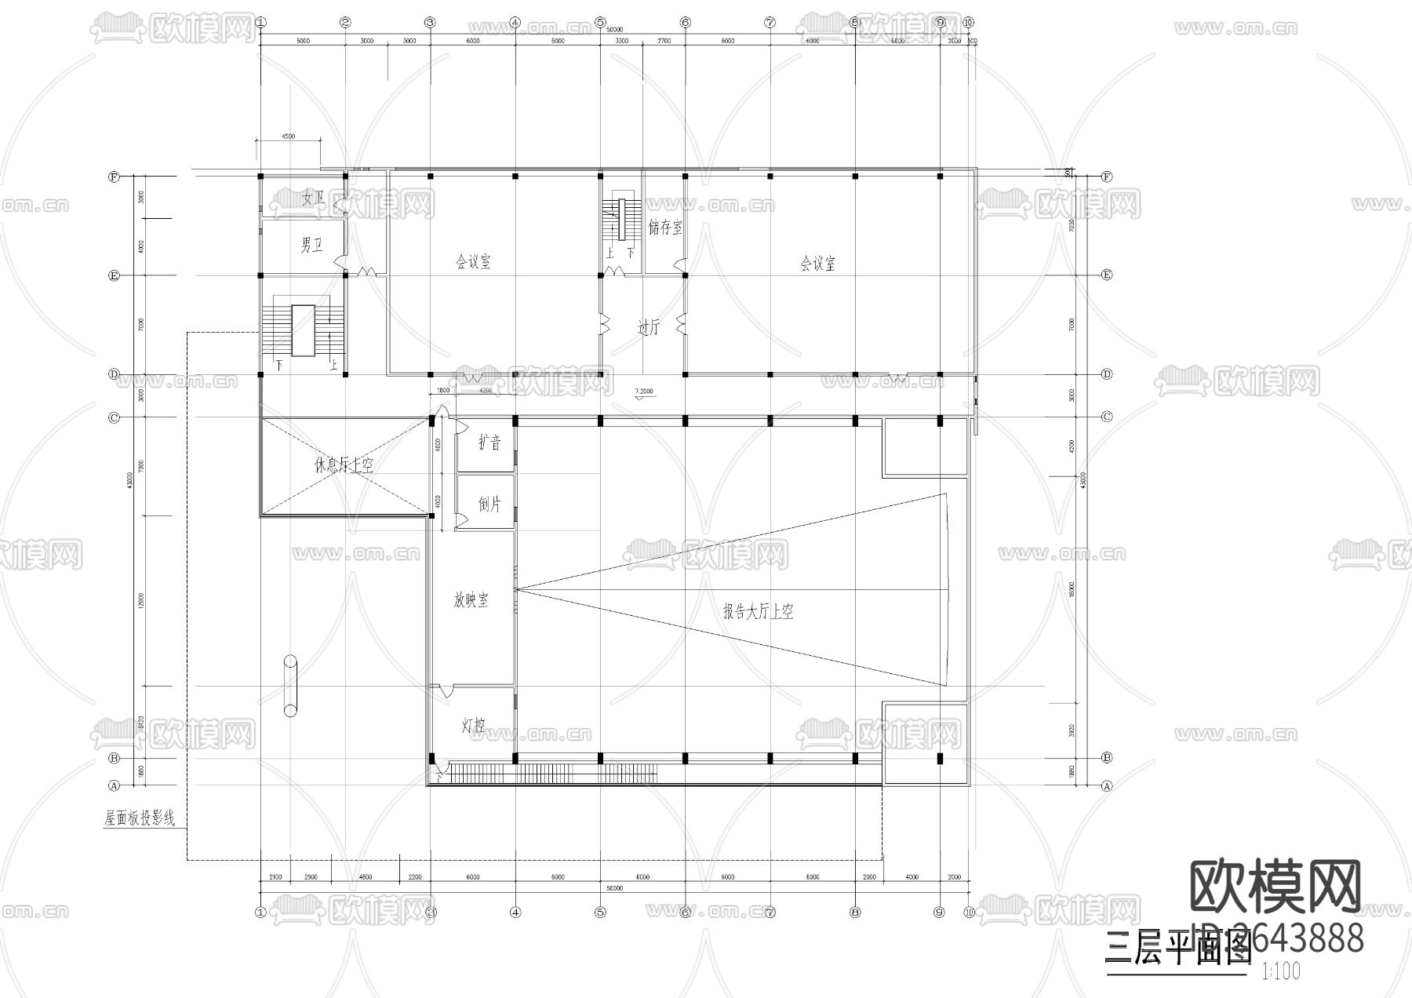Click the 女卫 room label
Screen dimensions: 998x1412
[x=313, y=199]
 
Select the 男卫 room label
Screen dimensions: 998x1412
[x=311, y=246]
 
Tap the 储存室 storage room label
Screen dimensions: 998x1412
[x=665, y=228]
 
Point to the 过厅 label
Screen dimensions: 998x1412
[x=649, y=327]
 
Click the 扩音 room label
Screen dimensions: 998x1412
[x=489, y=443]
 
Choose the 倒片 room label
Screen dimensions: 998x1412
[x=489, y=504]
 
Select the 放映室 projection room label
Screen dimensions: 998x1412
[x=471, y=600]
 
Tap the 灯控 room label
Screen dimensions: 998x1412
[x=473, y=726]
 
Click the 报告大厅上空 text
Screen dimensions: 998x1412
[x=758, y=611]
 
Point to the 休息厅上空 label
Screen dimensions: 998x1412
[x=344, y=464]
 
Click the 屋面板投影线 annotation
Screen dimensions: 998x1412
[x=140, y=818]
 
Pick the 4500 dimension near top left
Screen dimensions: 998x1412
[x=288, y=136]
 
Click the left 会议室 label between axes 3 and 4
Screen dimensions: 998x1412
[x=473, y=262]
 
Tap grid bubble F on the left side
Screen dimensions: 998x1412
[x=114, y=177]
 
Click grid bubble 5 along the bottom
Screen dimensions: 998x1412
[x=600, y=912]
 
